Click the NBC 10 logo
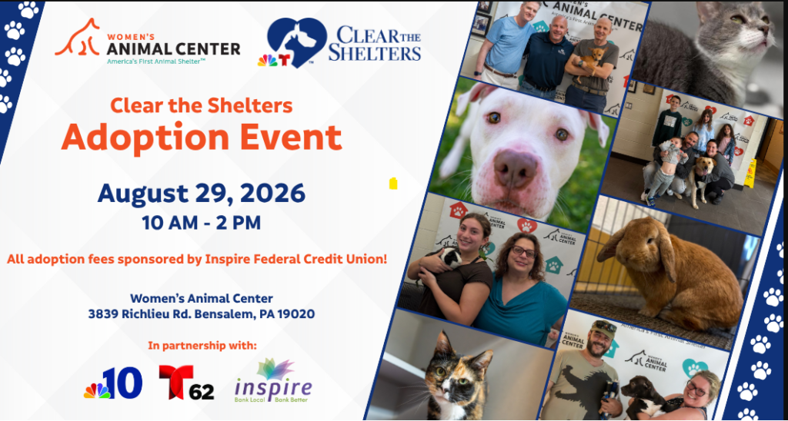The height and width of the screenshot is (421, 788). pos(113,383)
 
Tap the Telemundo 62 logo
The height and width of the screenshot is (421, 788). pos(186,383)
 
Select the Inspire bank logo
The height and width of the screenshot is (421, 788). pos(273,380)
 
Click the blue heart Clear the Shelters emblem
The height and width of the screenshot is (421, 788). pos(296,42)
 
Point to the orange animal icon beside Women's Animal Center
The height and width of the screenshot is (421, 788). pos(78,38)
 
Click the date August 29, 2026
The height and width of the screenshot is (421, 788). pos(201,193)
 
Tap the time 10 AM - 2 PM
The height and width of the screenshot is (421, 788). pos(201,222)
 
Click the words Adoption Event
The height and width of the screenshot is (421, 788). pos(202,137)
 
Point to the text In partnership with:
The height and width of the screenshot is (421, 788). pos(202,346)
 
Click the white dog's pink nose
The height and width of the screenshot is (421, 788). pos(516,168)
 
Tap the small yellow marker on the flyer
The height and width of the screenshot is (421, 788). pos(393,183)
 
